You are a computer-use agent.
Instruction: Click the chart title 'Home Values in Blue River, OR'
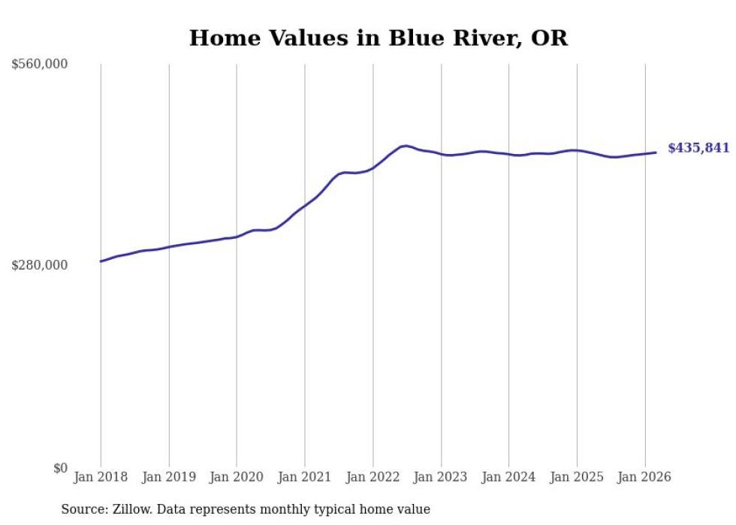(x=378, y=38)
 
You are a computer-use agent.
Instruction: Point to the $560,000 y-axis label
(x=40, y=65)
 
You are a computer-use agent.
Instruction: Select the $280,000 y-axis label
(x=40, y=265)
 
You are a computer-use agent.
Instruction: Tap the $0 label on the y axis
(x=60, y=468)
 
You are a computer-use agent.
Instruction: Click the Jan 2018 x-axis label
(x=101, y=477)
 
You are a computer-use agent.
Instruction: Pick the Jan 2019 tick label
(x=169, y=477)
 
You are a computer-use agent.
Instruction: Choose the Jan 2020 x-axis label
(x=237, y=477)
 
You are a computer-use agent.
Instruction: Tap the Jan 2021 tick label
(x=305, y=477)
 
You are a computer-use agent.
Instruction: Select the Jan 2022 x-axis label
(x=373, y=477)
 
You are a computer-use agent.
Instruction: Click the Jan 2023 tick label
(x=441, y=477)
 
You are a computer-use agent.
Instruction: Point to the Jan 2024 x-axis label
(x=509, y=477)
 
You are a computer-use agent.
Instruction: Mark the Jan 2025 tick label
(x=577, y=477)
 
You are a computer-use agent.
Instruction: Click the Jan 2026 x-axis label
(x=645, y=477)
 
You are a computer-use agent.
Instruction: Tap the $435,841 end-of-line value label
(x=698, y=148)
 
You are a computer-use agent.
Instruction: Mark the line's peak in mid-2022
(x=405, y=146)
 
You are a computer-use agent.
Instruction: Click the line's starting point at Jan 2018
(x=101, y=261)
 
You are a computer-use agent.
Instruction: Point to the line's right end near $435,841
(x=656, y=152)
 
